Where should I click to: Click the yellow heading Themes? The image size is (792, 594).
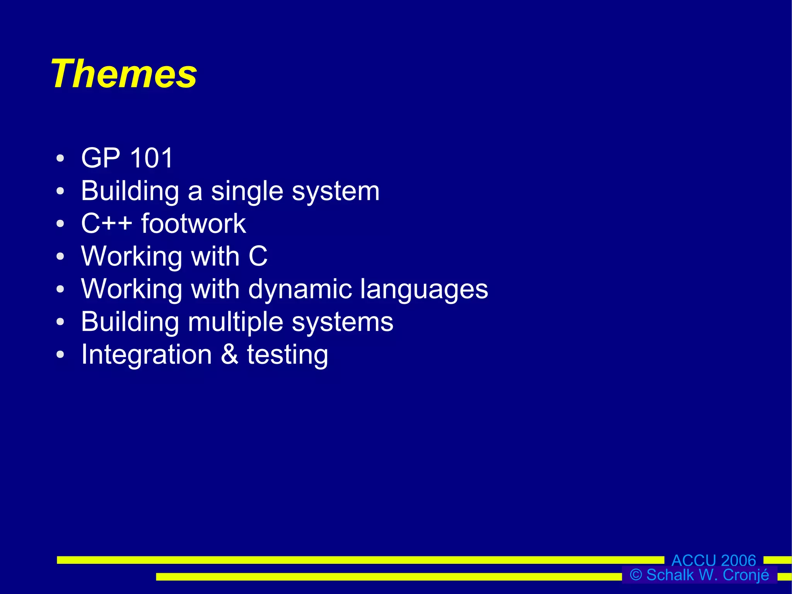point(124,74)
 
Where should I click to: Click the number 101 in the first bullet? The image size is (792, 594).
point(151,158)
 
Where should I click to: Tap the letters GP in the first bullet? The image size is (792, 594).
point(101,158)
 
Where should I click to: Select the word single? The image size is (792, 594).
point(247,192)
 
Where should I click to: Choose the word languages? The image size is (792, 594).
point(424,289)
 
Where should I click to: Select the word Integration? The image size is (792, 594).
point(147,354)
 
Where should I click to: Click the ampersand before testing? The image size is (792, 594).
point(230,354)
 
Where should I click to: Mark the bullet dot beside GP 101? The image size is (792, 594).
point(60,158)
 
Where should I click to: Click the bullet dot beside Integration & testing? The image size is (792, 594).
point(60,354)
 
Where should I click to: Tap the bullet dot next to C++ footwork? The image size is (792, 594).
point(60,224)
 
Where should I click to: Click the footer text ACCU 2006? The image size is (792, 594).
point(713,560)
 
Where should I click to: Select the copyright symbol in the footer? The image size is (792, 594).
point(636,575)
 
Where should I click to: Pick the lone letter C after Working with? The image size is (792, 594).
point(258,256)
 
